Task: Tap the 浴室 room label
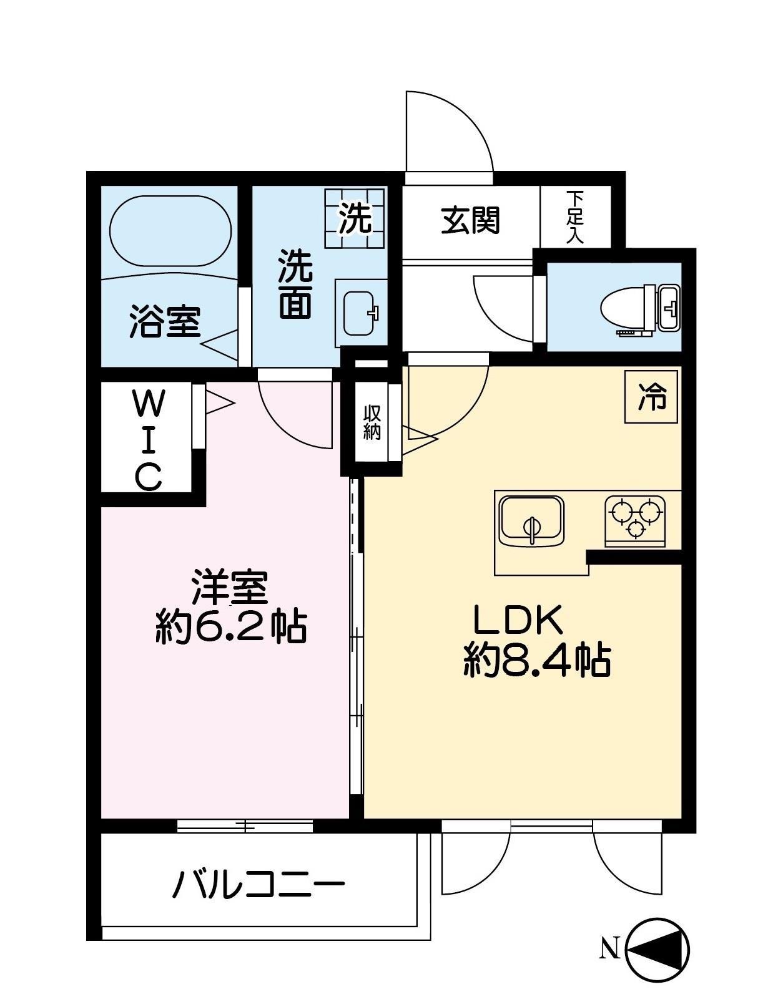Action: coord(165,321)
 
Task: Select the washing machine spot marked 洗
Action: coord(355,218)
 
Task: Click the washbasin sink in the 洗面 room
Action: coord(360,311)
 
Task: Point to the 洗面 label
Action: coord(295,284)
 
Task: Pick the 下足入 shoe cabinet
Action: coord(574,216)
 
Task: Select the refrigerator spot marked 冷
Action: coord(652,397)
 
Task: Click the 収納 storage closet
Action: coord(372,422)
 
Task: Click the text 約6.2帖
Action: coord(230,627)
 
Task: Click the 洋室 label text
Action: coord(229,586)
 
